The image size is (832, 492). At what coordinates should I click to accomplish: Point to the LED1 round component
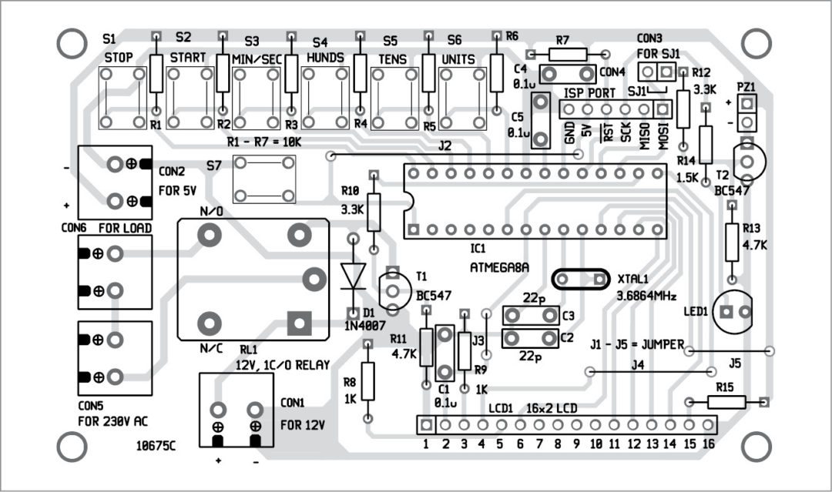coord(735,311)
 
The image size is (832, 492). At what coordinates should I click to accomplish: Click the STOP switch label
coord(119,58)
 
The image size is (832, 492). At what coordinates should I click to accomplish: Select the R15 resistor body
coord(726,401)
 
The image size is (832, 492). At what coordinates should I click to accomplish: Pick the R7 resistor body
coord(567,54)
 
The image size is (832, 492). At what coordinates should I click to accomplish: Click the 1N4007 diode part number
coord(366,326)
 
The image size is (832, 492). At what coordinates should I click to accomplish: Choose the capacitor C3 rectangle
coord(530,315)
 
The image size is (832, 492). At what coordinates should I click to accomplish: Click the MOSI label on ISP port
coord(663,132)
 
